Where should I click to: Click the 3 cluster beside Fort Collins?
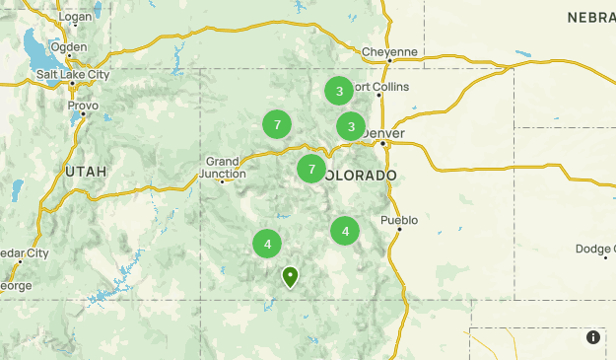pyautogui.click(x=339, y=91)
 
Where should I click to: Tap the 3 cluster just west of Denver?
pyautogui.click(x=351, y=126)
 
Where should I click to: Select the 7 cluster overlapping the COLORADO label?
pyautogui.click(x=311, y=169)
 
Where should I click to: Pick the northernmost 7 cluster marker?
pyautogui.click(x=278, y=124)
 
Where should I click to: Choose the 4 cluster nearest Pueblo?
pyautogui.click(x=345, y=232)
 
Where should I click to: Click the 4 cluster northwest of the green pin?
pyautogui.click(x=267, y=244)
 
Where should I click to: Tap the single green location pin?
pyautogui.click(x=290, y=276)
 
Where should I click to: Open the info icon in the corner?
pyautogui.click(x=593, y=337)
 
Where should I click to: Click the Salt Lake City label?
pyautogui.click(x=72, y=75)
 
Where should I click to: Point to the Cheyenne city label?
pyautogui.click(x=389, y=51)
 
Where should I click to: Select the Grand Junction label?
pyautogui.click(x=223, y=167)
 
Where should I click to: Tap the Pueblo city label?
pyautogui.click(x=399, y=219)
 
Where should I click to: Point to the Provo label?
pyautogui.click(x=83, y=105)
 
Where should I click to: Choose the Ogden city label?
pyautogui.click(x=68, y=46)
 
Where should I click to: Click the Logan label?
pyautogui.click(x=75, y=18)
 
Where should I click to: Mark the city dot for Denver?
pyautogui.click(x=382, y=143)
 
